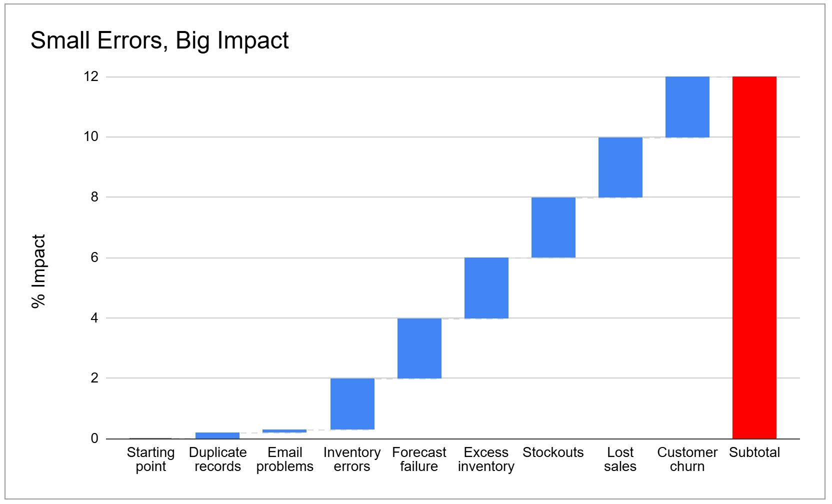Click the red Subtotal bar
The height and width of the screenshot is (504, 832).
pos(754,257)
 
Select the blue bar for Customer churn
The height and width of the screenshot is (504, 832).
pos(687,107)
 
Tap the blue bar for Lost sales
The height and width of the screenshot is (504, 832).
pos(620,167)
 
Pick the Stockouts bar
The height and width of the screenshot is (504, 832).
pos(553,227)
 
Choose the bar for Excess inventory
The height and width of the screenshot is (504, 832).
pos(486,288)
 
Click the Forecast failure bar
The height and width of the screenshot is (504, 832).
pos(419,348)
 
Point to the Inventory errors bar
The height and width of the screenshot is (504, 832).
pos(352,404)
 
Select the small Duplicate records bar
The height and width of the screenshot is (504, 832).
pos(217,435)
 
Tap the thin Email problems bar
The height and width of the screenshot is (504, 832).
pos(284,431)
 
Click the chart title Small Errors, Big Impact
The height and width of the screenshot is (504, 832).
pos(159,40)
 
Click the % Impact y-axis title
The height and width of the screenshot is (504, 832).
pos(38,271)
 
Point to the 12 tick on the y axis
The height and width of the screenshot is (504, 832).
pos(91,76)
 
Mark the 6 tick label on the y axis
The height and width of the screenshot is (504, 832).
pos(94,257)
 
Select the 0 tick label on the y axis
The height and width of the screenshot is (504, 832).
pos(94,438)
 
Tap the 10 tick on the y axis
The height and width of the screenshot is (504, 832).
pos(91,136)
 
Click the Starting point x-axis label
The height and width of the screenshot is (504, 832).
pos(150,459)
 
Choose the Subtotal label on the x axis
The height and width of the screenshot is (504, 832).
pos(754,452)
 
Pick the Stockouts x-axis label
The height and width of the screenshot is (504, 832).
pos(553,452)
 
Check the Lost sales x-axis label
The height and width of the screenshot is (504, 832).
pos(620,459)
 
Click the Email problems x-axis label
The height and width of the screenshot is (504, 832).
pos(284,459)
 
